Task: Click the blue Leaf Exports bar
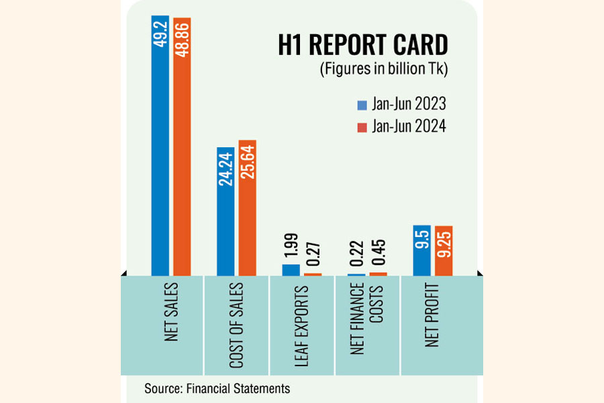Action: click(291, 270)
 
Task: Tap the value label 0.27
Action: click(313, 255)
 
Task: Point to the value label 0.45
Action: click(379, 255)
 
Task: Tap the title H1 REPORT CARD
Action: click(362, 46)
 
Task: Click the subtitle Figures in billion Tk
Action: click(383, 69)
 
